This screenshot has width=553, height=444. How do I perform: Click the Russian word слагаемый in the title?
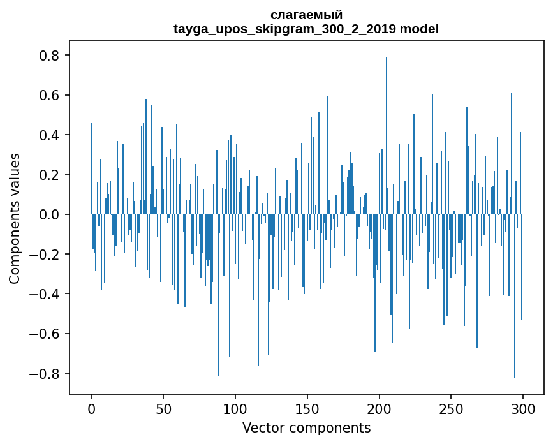[306, 15]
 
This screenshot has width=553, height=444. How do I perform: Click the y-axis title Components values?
[15, 218]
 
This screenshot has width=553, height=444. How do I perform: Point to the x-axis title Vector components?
[306, 427]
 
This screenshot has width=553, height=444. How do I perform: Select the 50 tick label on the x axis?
[163, 409]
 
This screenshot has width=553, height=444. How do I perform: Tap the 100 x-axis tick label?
[235, 409]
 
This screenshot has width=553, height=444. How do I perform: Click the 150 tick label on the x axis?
[307, 409]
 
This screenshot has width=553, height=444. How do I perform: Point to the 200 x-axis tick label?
[380, 409]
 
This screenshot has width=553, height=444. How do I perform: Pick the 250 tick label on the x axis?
[452, 409]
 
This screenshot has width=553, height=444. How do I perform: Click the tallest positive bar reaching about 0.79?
[387, 128]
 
